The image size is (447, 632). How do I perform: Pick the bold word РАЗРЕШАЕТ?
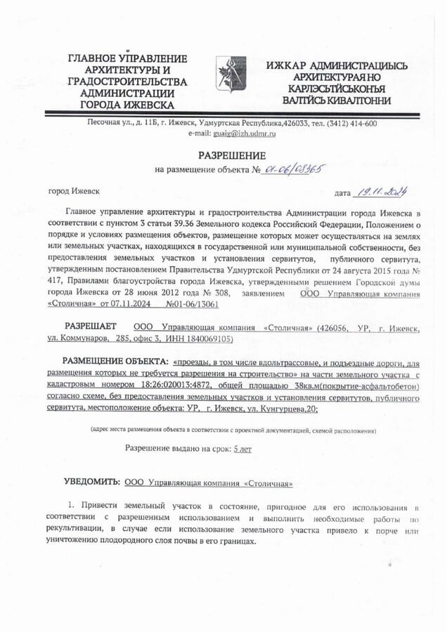[x=91, y=327]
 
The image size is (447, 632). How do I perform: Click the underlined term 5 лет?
[x=242, y=447]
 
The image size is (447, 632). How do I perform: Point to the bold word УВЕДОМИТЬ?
[x=92, y=482]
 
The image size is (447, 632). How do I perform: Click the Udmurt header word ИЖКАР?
[x=285, y=65]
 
